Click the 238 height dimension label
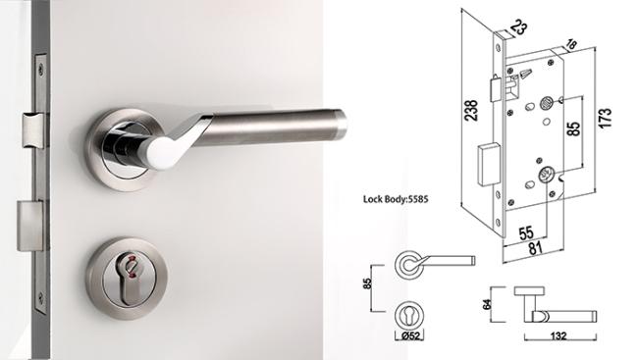click(471, 110)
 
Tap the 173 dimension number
click(605, 119)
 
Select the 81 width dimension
click(536, 248)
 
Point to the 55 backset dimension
click(526, 233)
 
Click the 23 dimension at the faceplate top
click(519, 27)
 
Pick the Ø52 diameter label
click(409, 335)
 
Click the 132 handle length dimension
click(558, 336)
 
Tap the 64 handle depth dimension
click(487, 304)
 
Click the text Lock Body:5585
click(396, 199)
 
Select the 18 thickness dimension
click(570, 44)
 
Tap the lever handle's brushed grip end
click(340, 123)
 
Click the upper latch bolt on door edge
click(34, 130)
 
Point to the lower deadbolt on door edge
click(30, 227)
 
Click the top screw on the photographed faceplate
click(41, 71)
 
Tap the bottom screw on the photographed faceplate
click(40, 298)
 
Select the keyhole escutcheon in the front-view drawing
click(409, 316)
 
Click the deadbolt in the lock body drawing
click(488, 165)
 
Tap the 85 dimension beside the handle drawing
click(367, 283)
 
